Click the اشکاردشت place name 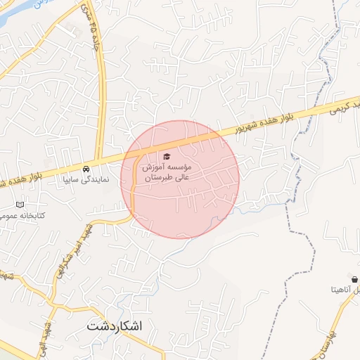click(116, 327)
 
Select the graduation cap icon click(167, 156)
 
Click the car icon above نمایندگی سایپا click(85, 169)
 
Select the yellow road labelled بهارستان click(325, 345)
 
